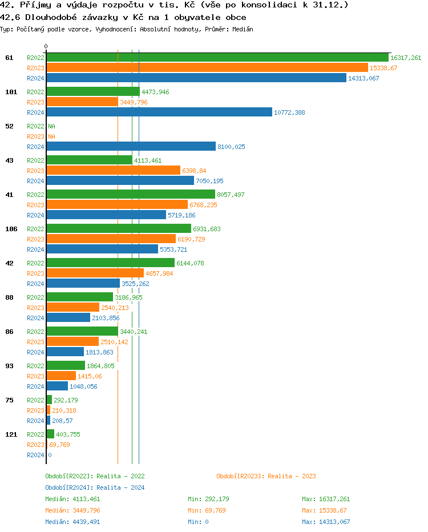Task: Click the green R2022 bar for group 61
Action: (217, 58)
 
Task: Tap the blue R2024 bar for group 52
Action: (131, 147)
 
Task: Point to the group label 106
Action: (11, 229)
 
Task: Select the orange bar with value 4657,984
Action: (95, 273)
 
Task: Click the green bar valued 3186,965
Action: (79, 297)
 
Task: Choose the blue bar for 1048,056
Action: (57, 386)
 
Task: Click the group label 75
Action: (9, 400)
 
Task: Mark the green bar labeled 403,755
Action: (50, 434)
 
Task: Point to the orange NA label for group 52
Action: (51, 136)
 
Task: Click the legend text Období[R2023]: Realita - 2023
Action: (266, 476)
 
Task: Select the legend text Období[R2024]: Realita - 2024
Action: (95, 487)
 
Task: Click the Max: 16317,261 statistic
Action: (325, 499)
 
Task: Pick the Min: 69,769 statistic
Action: (207, 510)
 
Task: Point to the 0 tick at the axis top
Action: (46, 46)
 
